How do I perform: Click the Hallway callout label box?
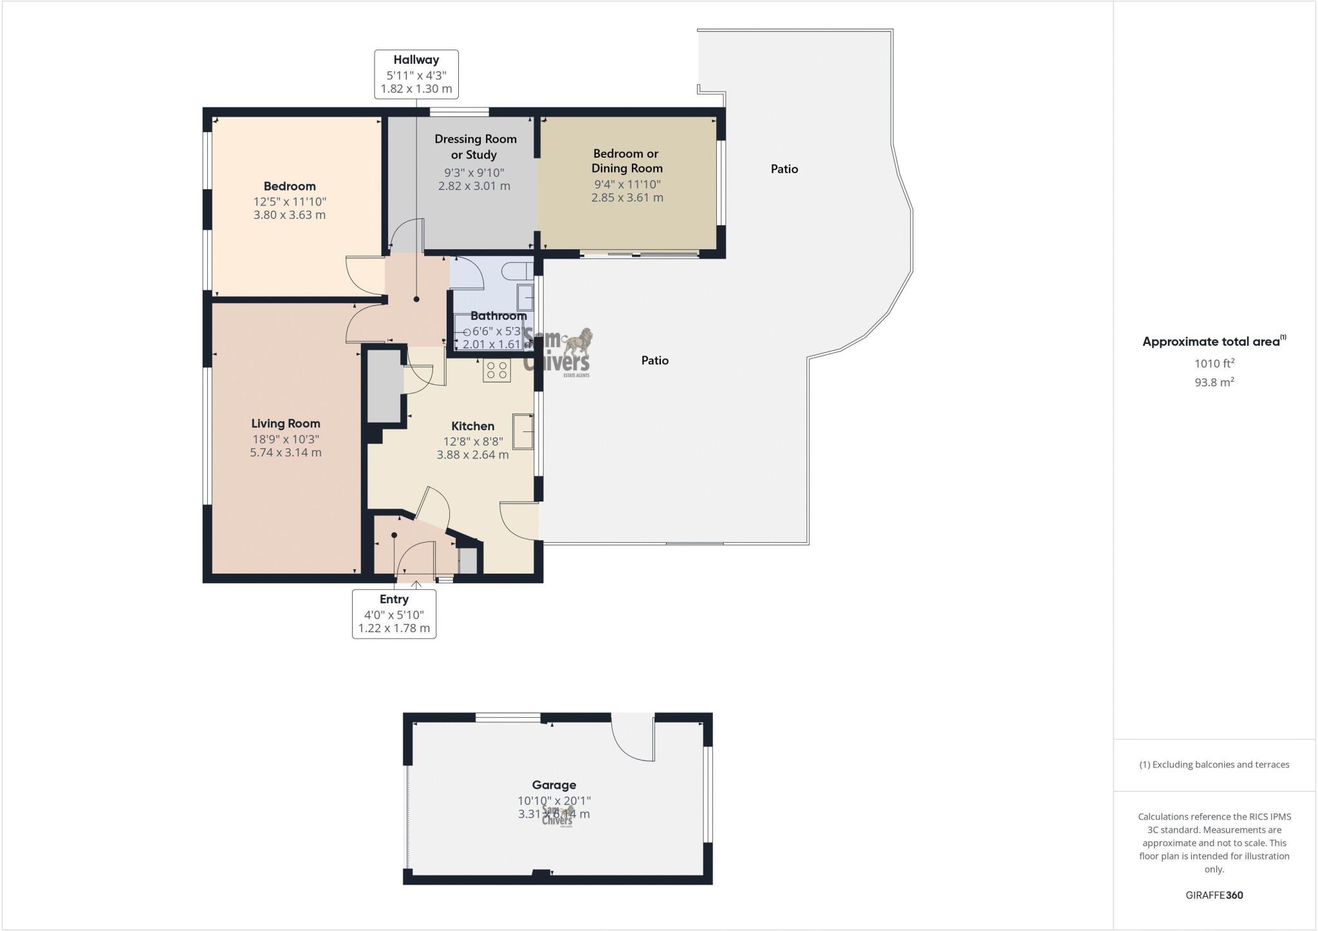[x=416, y=74]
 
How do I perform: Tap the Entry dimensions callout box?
[x=394, y=614]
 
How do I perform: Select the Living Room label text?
[x=286, y=424]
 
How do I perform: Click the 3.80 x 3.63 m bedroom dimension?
[x=290, y=215]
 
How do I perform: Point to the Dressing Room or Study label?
[x=475, y=147]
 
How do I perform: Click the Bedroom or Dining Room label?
[x=627, y=161]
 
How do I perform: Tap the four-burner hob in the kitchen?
[x=497, y=370]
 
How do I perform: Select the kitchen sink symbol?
[x=523, y=431]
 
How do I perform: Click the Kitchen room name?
[x=473, y=426]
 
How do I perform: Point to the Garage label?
[x=554, y=785]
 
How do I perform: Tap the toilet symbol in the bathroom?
[x=517, y=270]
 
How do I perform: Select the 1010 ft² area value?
[x=1214, y=364]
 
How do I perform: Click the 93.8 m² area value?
[x=1214, y=382]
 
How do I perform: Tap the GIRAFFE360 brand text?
[x=1214, y=895]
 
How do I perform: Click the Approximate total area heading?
[x=1213, y=342]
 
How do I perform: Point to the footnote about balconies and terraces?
[x=1214, y=765]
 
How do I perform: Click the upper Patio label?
[x=784, y=169]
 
